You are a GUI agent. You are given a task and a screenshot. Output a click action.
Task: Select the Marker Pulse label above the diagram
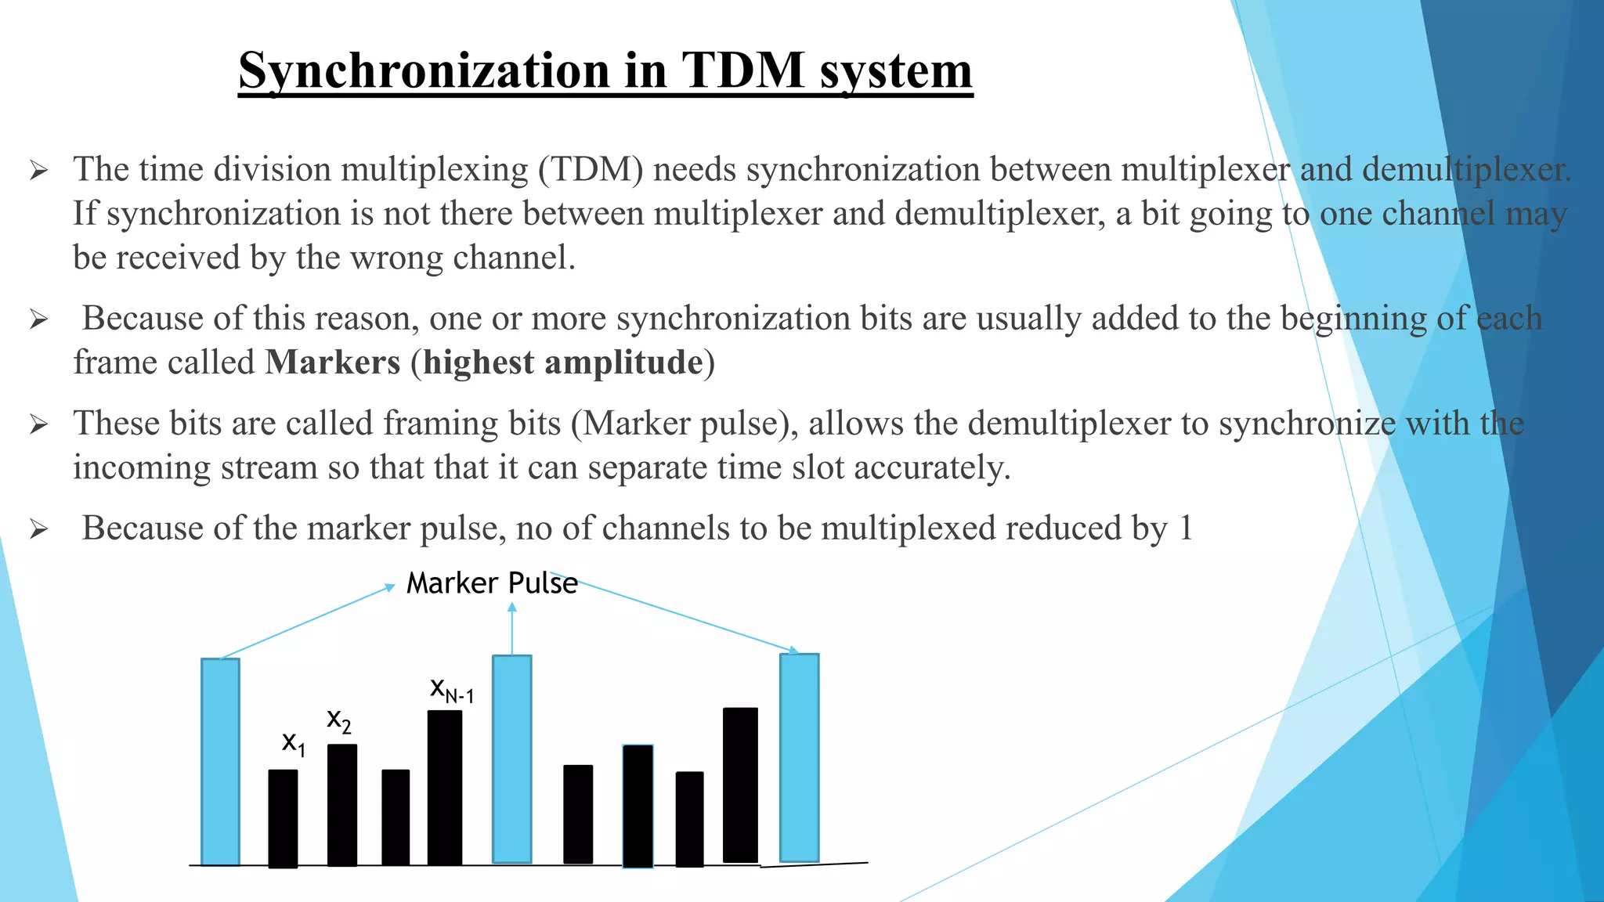click(492, 583)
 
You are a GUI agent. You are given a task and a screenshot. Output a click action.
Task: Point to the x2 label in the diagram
click(339, 720)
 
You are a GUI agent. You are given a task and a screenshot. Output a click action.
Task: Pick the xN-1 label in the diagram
click(452, 690)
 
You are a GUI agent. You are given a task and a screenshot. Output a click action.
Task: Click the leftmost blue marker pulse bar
click(220, 761)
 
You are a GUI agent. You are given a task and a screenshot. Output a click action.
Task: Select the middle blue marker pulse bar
click(512, 759)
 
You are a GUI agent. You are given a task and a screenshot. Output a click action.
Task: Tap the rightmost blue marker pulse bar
click(800, 757)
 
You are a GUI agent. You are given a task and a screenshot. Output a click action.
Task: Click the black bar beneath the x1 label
click(283, 818)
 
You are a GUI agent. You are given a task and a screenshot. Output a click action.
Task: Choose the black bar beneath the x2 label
click(342, 805)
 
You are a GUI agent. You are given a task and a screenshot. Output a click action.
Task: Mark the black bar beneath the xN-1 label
click(445, 787)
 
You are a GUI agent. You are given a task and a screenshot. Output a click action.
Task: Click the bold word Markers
click(333, 363)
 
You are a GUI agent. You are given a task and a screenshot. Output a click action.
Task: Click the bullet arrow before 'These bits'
click(39, 425)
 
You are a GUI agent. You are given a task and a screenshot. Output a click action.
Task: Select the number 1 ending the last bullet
click(1186, 529)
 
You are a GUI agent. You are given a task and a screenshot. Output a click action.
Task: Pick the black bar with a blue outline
click(638, 806)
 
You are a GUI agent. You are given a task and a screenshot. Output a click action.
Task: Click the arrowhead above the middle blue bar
click(512, 608)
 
